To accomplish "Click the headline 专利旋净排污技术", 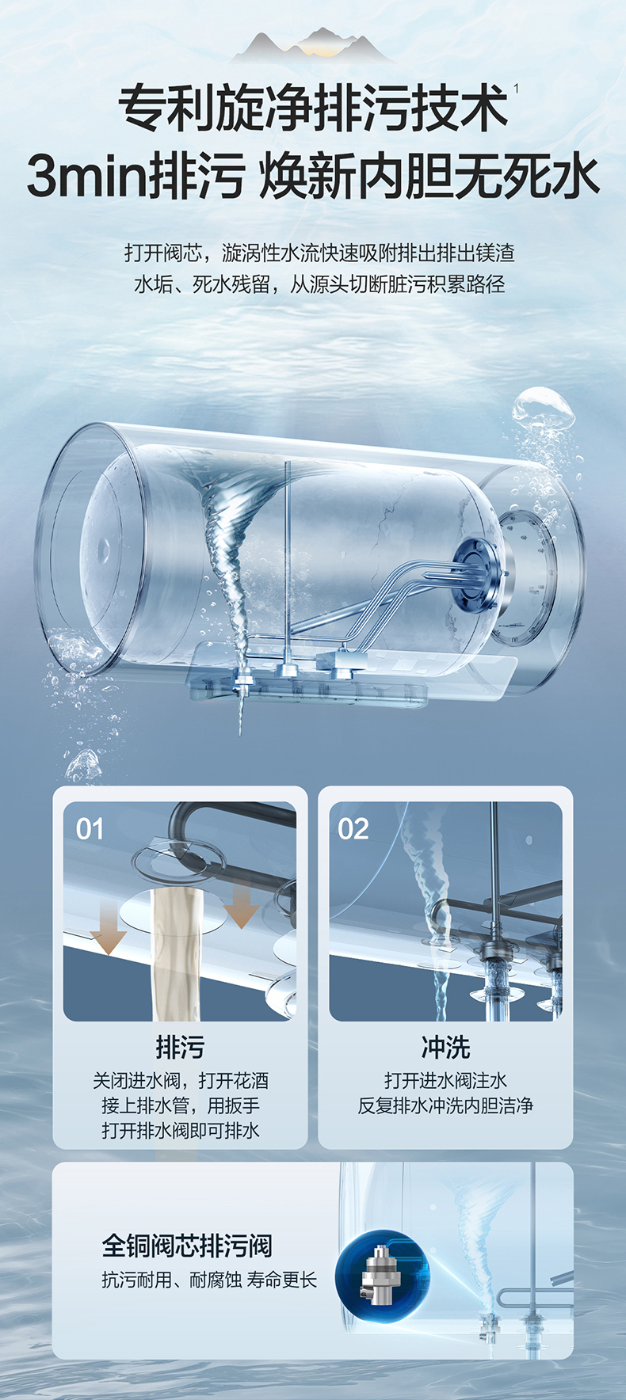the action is pos(313,108).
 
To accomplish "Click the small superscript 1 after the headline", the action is pos(517,89).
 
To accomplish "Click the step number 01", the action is pos(90,829).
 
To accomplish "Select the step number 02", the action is pos(353,829).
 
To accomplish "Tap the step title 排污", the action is pos(180,1047).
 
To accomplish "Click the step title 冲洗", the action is pos(445,1047).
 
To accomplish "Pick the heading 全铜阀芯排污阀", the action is pos(187,1246).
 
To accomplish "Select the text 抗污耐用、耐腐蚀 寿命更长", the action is pos(209,1280).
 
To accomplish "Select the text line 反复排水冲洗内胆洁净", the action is pos(445,1106).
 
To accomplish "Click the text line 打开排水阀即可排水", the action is pos(180,1131).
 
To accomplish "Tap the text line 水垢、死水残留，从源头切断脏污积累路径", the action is pos(319,284).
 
